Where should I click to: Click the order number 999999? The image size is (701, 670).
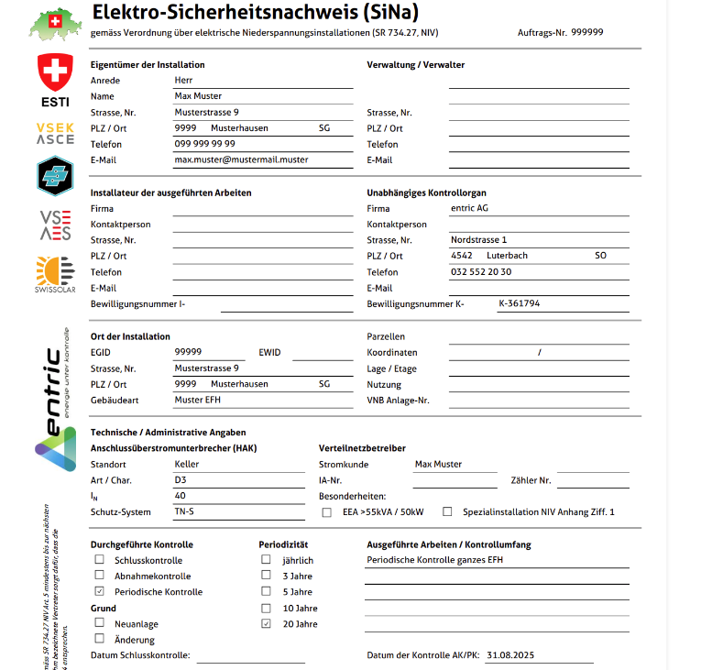pos(586,31)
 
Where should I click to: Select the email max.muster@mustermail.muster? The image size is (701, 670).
pos(241,159)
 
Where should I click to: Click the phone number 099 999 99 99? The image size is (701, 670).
pos(204,144)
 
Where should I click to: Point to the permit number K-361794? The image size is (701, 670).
pos(519,303)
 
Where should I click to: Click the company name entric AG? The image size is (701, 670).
pos(469,209)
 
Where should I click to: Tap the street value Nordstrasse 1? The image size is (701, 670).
pos(478,240)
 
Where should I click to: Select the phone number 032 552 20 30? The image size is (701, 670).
pos(481,272)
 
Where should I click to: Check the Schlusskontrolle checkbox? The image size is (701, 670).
pos(99,560)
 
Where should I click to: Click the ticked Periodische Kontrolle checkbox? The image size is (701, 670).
pos(99,592)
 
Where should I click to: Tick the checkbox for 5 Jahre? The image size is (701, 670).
pos(267,592)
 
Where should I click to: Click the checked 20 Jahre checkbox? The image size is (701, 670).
pos(267,624)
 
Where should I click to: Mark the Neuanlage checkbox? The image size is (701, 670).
pos(99,623)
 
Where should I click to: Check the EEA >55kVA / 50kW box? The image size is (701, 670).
pos(327,512)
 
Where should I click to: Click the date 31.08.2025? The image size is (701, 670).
pos(511,655)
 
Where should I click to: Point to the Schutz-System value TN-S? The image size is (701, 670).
pos(186,511)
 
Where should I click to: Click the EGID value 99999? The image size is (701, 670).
pos(188,352)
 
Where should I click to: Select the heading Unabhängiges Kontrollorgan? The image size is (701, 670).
pos(426,193)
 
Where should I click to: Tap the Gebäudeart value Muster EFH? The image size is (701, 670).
pos(197,400)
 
